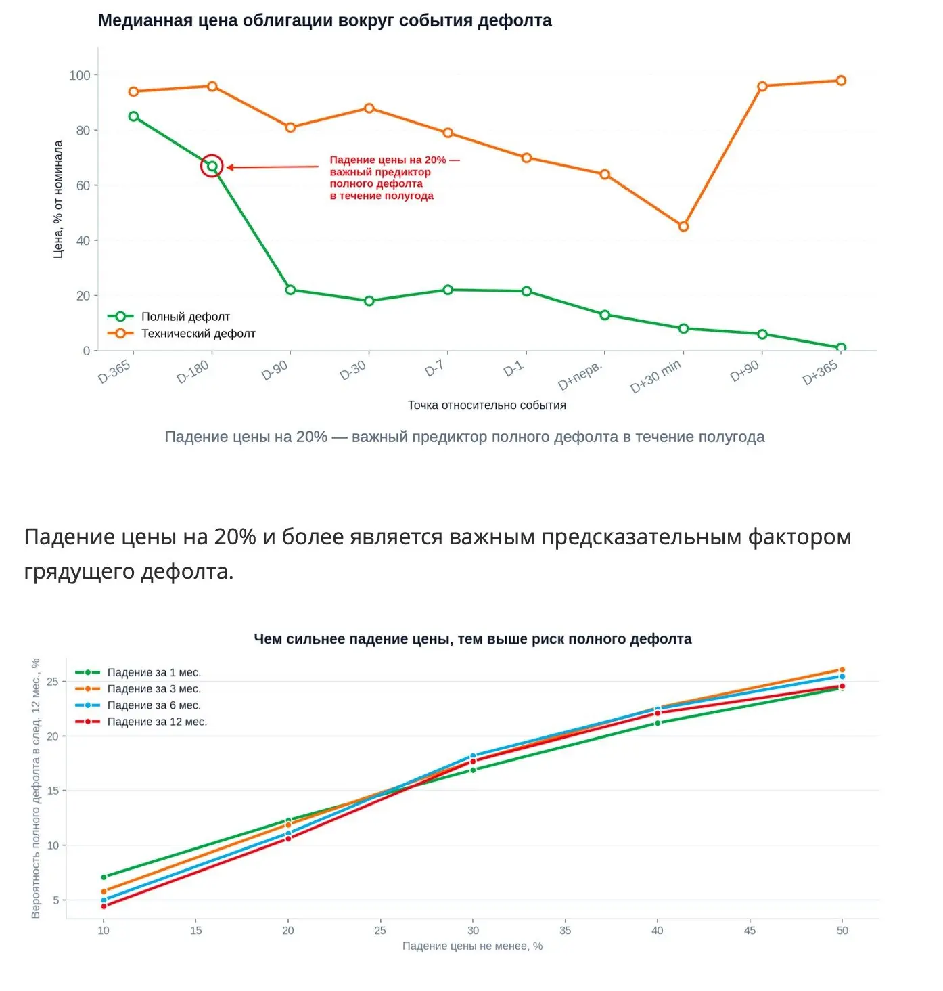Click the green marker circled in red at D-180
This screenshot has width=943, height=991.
click(212, 167)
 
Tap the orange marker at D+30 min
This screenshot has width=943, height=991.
click(683, 227)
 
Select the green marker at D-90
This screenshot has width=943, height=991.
click(290, 290)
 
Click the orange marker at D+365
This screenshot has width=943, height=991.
click(841, 81)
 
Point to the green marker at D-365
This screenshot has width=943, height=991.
click(133, 116)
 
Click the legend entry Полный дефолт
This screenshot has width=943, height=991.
click(168, 317)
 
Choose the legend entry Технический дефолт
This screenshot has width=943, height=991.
click(181, 333)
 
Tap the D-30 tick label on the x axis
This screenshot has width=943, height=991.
click(352, 371)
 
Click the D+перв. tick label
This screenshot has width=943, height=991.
click(580, 376)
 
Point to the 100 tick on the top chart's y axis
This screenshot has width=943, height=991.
click(80, 76)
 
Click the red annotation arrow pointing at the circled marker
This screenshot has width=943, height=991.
click(272, 167)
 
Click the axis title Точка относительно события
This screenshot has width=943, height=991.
click(486, 405)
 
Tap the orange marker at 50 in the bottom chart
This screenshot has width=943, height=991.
click(842, 670)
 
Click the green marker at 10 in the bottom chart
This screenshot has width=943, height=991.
click(103, 877)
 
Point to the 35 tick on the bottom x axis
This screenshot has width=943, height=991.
click(565, 930)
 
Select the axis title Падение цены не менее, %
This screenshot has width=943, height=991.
click(472, 946)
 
